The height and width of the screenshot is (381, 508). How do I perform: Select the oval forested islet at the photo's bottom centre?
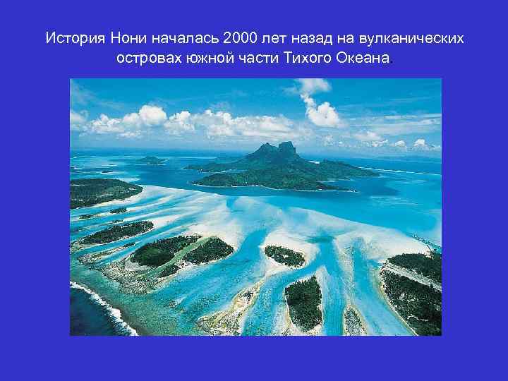tap(304, 301)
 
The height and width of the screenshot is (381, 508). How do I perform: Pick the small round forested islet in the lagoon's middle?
tap(285, 255)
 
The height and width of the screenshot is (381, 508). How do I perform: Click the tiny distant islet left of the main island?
tap(150, 160)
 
